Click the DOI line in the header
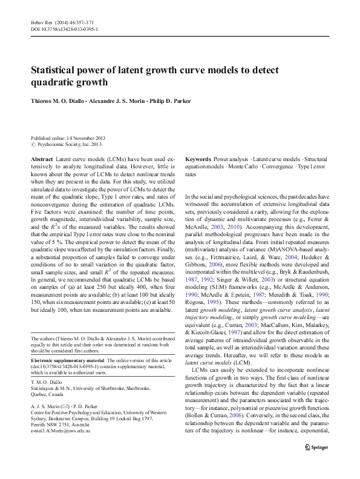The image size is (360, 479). [65, 29]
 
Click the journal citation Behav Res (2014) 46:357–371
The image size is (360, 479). [64, 22]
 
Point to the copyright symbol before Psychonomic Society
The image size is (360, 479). [33, 145]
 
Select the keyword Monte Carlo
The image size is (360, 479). [236, 166]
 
